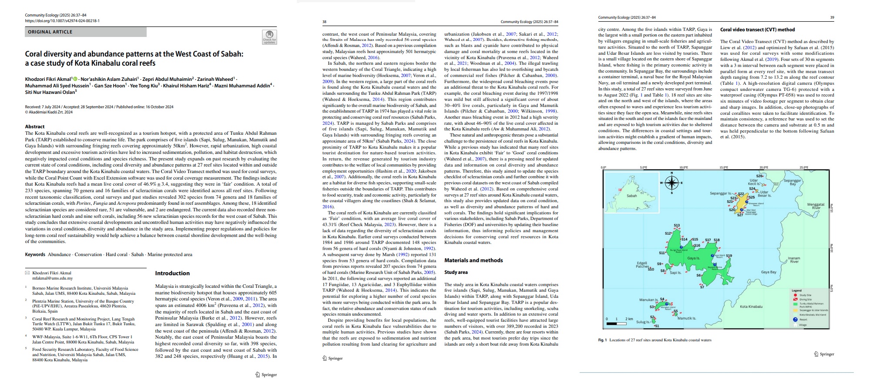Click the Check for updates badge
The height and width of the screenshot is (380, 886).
269,37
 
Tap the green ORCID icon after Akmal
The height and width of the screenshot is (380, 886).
75,79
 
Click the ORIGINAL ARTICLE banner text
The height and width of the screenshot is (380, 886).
50,32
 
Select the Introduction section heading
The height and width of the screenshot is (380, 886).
172,273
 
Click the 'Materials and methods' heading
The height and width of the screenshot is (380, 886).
473,260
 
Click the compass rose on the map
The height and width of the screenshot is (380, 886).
671,183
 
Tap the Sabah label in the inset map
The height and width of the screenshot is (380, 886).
631,196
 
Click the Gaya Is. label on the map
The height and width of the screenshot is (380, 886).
693,258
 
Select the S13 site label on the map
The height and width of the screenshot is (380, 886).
676,226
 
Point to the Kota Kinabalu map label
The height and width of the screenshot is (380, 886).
751,307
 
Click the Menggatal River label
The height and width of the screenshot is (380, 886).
816,206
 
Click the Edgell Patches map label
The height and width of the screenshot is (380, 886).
642,265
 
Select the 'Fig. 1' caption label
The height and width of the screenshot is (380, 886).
602,340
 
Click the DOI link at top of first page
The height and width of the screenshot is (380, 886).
62,21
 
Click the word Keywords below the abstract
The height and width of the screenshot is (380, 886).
35,255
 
